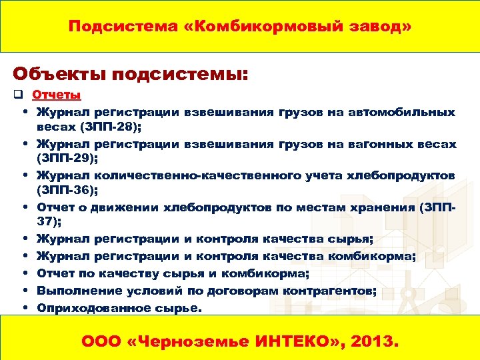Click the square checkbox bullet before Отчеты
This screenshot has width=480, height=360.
[18, 95]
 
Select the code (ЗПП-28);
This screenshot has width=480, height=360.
[110, 126]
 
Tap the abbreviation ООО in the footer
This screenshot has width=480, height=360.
[100, 342]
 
